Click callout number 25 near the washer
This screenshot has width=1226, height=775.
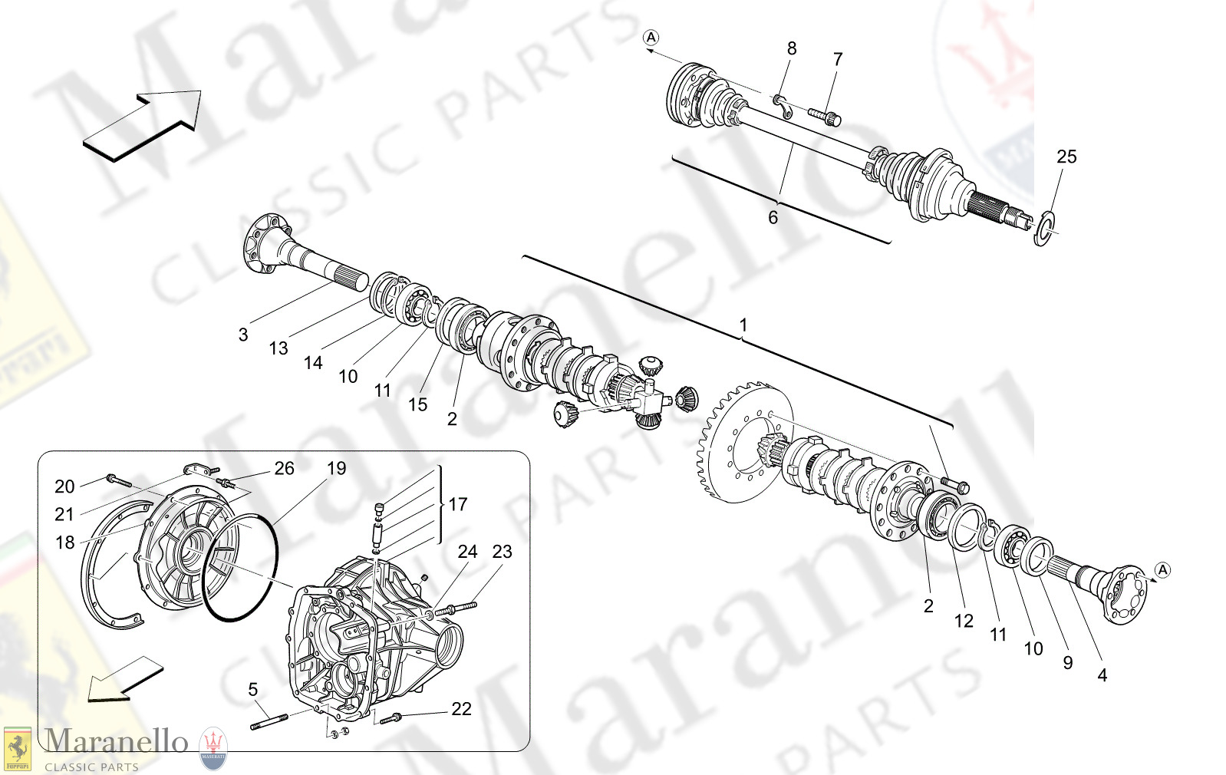(1066, 157)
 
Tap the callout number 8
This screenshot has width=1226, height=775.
(792, 48)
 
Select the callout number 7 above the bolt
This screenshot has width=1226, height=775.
(838, 59)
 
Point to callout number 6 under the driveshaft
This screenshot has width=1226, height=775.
(773, 218)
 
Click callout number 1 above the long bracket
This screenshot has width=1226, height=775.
(743, 325)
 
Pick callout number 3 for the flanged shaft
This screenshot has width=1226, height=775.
(243, 335)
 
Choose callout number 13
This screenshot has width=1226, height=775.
(278, 348)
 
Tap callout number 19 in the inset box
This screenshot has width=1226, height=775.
(337, 468)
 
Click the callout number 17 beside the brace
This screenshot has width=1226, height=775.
(458, 504)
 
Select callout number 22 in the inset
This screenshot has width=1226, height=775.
(461, 709)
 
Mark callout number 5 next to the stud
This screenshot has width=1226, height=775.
(253, 690)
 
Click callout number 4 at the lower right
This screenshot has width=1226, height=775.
(1102, 675)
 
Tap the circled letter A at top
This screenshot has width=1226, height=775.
(651, 37)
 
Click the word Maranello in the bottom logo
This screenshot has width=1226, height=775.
(116, 741)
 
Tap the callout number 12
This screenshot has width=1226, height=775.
(964, 621)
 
